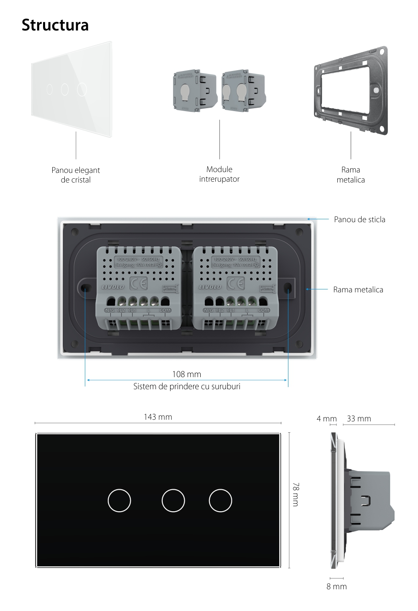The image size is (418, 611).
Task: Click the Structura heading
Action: pyautogui.click(x=55, y=25)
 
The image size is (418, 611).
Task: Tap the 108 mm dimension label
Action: pyautogui.click(x=186, y=374)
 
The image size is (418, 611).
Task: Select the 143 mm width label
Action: pyautogui.click(x=158, y=417)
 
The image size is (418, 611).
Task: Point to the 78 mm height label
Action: pyautogui.click(x=296, y=494)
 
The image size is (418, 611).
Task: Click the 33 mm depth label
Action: pyautogui.click(x=359, y=418)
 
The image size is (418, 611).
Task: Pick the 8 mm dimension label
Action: pyautogui.click(x=336, y=586)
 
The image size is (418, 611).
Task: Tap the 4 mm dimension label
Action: pyautogui.click(x=326, y=418)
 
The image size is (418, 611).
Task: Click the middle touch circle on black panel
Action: pyautogui.click(x=173, y=500)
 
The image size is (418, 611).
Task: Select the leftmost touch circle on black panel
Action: pyautogui.click(x=119, y=500)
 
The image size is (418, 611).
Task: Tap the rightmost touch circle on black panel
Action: pyautogui.click(x=220, y=500)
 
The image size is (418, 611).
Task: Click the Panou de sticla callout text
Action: pyautogui.click(x=359, y=219)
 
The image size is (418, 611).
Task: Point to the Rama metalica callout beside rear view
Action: pyautogui.click(x=358, y=289)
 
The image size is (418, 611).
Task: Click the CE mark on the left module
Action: pyautogui.click(x=139, y=284)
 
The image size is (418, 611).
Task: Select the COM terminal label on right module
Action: pyautogui.click(x=264, y=310)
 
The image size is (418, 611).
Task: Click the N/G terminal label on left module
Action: pyautogui.click(x=109, y=310)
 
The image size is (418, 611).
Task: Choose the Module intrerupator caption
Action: pyautogui.click(x=219, y=174)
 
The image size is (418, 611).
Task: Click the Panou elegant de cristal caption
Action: pyautogui.click(x=76, y=175)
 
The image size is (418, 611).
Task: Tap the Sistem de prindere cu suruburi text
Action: pyautogui.click(x=186, y=386)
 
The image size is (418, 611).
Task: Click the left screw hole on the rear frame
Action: pyautogui.click(x=85, y=289)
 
